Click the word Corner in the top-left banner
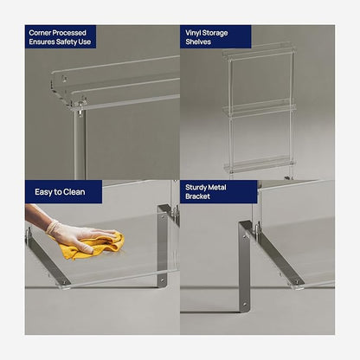(40, 33)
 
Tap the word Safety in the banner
(67, 42)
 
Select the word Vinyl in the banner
(193, 33)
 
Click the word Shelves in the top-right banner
(198, 42)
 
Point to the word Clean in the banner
(74, 192)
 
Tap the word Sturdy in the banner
(195, 188)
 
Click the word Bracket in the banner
(197, 196)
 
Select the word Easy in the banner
(43, 192)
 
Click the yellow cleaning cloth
(97, 245)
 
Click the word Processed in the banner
(69, 33)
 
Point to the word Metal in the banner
(216, 188)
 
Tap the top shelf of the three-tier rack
(258, 51)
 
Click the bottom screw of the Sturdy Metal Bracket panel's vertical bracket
(245, 304)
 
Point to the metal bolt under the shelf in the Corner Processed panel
(80, 110)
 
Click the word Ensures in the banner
(42, 42)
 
